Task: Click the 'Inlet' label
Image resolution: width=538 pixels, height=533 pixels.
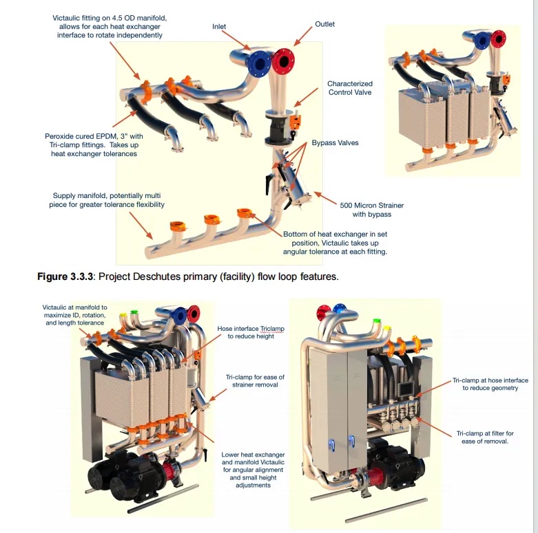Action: pos(219,27)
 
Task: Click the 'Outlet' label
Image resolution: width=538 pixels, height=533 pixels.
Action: pos(325,24)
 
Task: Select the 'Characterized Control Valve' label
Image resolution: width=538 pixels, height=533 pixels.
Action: pos(349,88)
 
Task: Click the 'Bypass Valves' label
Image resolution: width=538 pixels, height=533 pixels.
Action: pos(335,143)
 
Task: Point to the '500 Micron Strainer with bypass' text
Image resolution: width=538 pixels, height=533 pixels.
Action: pos(372,210)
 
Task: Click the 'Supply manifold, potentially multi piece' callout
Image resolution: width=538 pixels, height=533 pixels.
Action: pos(107,200)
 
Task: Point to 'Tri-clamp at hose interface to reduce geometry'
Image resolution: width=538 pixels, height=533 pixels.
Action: pos(490,384)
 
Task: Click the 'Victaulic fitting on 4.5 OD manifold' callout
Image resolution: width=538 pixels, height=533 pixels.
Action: pos(110,26)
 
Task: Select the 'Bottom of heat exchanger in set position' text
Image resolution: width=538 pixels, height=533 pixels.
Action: pos(335,243)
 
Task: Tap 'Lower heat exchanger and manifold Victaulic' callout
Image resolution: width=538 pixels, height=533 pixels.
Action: pos(253,470)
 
